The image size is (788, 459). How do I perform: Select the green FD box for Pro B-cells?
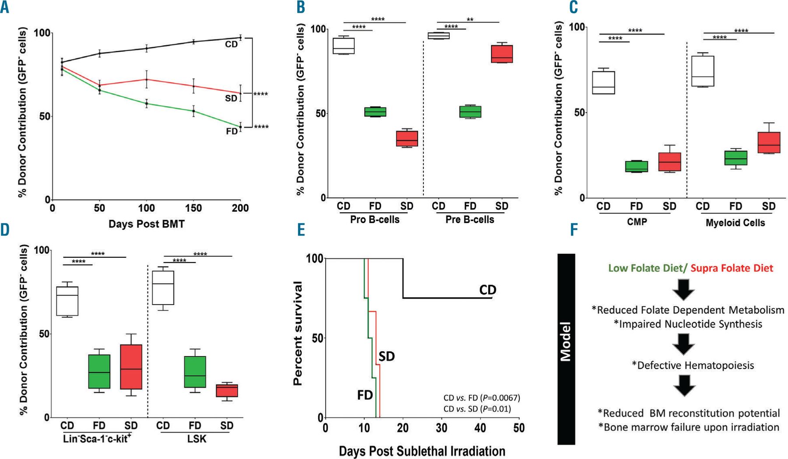pos(375,112)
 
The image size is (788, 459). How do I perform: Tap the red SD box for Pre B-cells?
pos(502,53)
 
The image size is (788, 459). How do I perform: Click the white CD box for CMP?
pos(603,82)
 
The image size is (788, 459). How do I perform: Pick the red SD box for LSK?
pos(227,390)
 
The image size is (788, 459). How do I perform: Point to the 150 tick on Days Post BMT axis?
pos(193,208)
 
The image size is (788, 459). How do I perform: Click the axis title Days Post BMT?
pos(147,224)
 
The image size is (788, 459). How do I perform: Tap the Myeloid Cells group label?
pos(735,223)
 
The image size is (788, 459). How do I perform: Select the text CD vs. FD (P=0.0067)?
pos(482,398)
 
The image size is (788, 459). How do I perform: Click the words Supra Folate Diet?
pos(732,268)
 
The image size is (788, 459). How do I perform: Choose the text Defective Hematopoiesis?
pos(693,365)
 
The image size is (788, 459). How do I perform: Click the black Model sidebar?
pos(566,349)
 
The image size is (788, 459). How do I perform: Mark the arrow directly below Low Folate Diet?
pos(683,289)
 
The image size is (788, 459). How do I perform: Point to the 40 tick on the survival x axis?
pos(480,427)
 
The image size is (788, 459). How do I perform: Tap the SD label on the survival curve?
pos(387,356)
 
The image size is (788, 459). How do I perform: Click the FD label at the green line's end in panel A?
pos(232,131)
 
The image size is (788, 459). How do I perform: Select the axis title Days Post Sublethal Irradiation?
pos(422,451)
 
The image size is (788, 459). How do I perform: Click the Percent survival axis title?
pos(298,333)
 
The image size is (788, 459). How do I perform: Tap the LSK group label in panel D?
pos(197,438)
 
